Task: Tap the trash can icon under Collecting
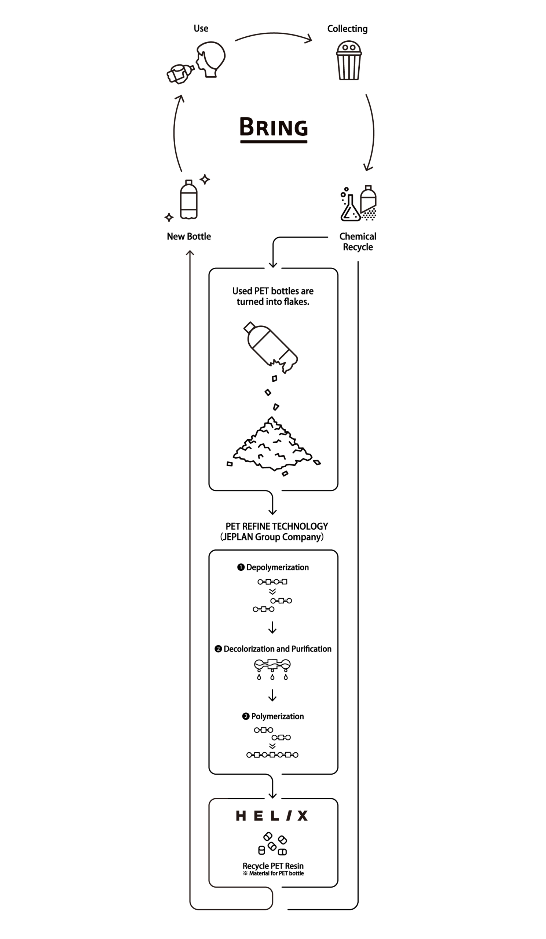click(x=349, y=61)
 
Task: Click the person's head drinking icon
click(x=210, y=60)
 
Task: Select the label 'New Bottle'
click(x=189, y=236)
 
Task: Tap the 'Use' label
click(x=201, y=28)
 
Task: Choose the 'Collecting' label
click(x=347, y=29)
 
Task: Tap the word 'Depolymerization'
click(x=278, y=567)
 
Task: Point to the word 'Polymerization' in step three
click(x=278, y=716)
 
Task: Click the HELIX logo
click(x=272, y=816)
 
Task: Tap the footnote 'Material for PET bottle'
click(x=276, y=873)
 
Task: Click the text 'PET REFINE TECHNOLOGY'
click(x=277, y=526)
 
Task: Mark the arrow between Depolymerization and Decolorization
click(x=272, y=628)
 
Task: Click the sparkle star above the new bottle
click(x=205, y=179)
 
